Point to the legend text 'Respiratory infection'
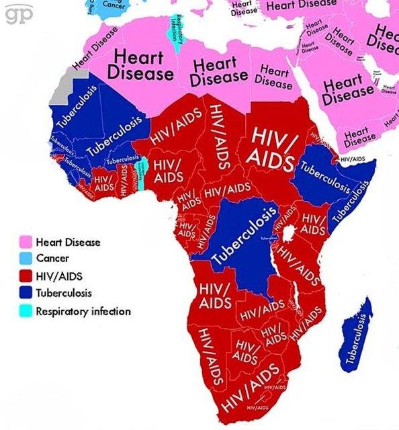coord(83,311)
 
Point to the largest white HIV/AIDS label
coord(271,147)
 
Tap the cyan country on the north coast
coord(178,34)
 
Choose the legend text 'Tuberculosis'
coord(64,294)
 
